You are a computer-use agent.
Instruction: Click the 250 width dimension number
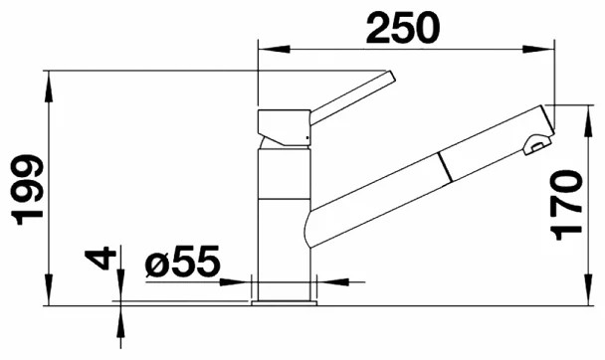403,28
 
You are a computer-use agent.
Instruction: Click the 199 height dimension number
28,190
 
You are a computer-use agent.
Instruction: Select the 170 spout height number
566,205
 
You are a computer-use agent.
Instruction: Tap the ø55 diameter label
182,262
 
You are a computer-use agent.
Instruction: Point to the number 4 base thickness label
101,259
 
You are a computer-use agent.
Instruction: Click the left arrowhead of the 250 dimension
274,49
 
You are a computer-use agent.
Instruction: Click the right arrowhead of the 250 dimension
538,49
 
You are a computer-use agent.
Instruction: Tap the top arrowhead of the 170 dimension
589,120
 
